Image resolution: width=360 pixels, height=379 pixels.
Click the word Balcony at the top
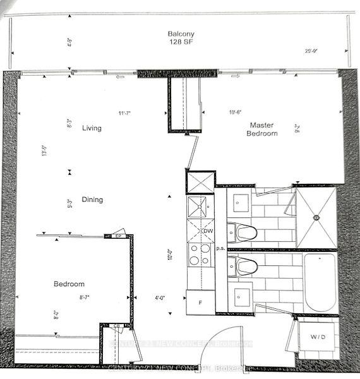tap(180, 33)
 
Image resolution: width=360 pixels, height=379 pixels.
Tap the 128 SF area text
tap(180, 43)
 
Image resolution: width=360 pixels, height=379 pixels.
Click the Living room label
tap(92, 128)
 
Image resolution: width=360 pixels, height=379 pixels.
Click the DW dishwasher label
tap(207, 231)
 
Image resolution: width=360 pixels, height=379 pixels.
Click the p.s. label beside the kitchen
tap(220, 249)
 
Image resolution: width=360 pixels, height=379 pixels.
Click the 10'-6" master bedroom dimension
tap(236, 113)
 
